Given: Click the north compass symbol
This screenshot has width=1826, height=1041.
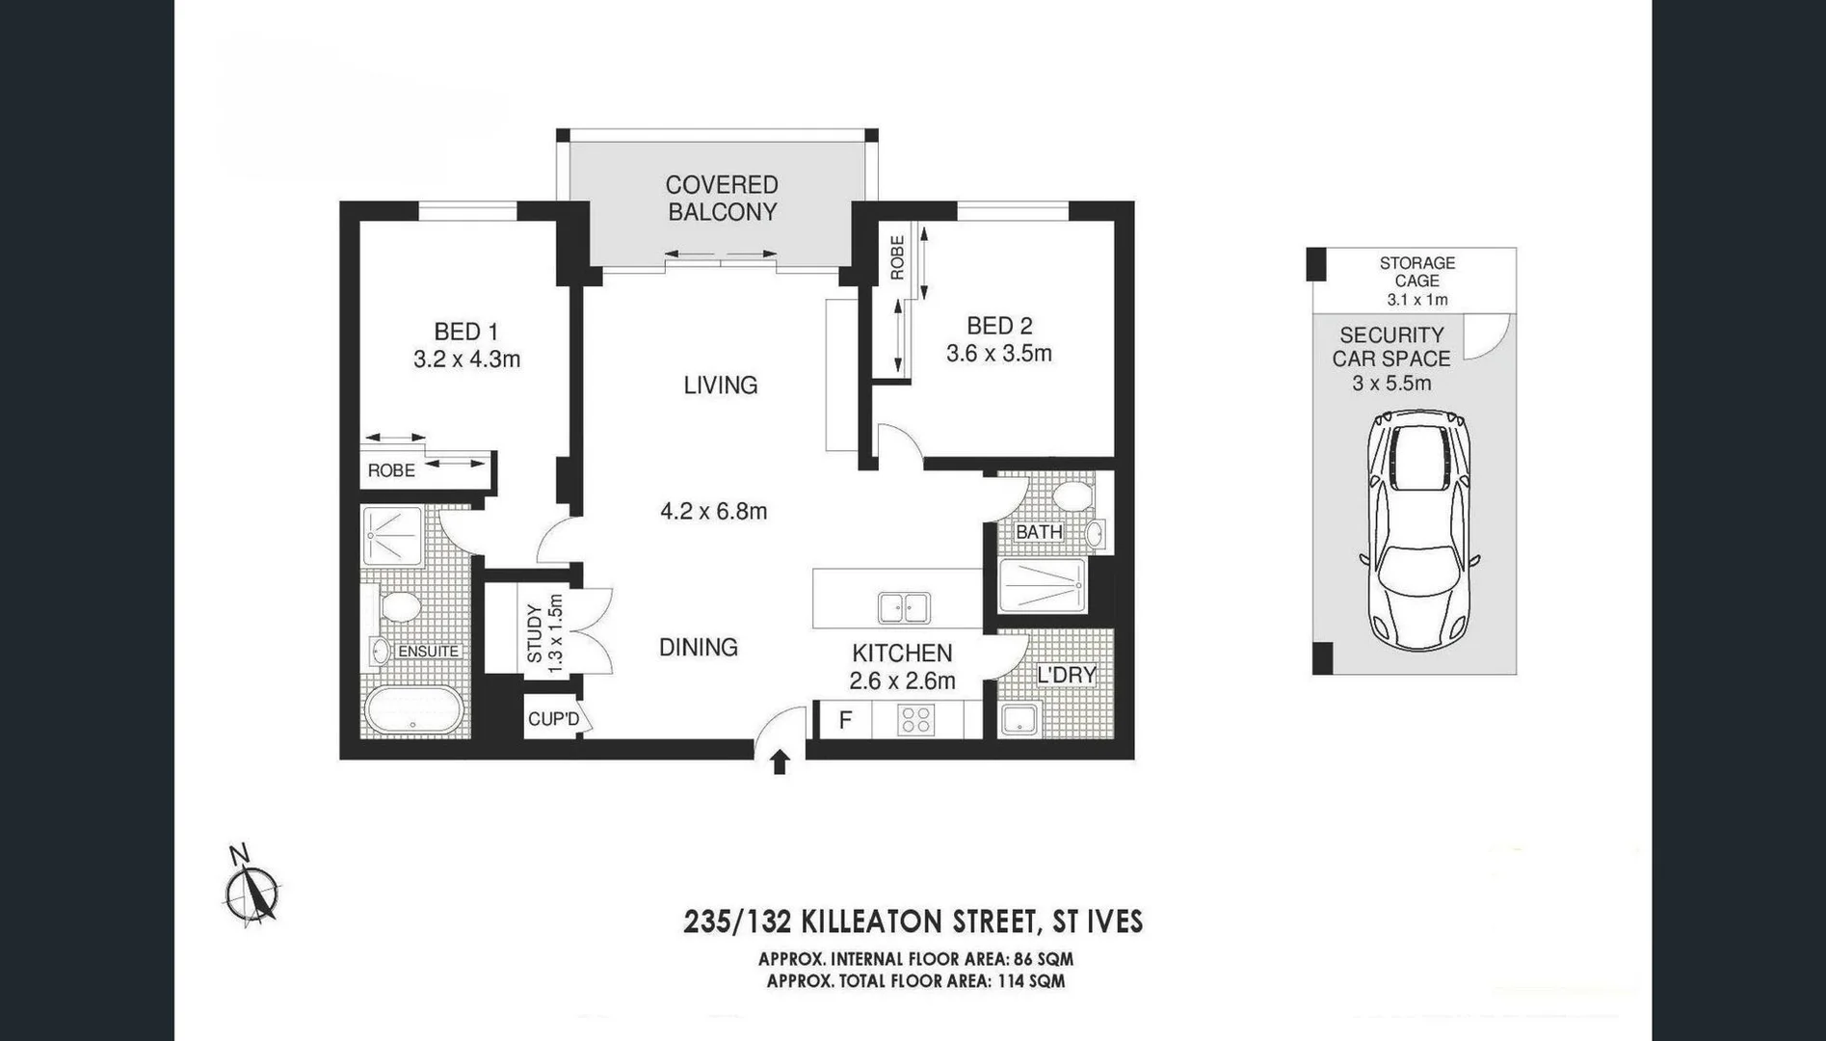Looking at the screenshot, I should pyautogui.click(x=252, y=891).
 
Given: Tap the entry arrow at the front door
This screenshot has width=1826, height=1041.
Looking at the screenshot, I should pyautogui.click(x=781, y=761).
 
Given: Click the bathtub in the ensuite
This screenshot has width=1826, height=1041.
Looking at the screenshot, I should pyautogui.click(x=414, y=712).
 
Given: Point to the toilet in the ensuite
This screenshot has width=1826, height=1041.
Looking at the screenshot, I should pyautogui.click(x=399, y=607).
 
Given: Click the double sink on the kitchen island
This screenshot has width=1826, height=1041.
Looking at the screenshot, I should pyautogui.click(x=904, y=608).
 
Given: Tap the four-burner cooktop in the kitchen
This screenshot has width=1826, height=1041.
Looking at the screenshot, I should pyautogui.click(x=914, y=719).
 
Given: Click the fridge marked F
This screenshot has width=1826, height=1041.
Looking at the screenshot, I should pyautogui.click(x=844, y=720).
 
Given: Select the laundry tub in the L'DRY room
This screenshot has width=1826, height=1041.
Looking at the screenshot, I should pyautogui.click(x=1019, y=719).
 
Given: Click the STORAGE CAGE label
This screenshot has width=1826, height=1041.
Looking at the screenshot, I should pyautogui.click(x=1416, y=272).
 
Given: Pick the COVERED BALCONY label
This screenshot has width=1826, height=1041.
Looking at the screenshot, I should pyautogui.click(x=722, y=199).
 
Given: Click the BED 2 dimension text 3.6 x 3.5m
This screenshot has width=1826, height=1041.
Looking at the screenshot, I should pyautogui.click(x=998, y=354).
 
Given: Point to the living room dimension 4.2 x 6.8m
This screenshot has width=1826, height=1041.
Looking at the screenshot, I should pyautogui.click(x=713, y=512).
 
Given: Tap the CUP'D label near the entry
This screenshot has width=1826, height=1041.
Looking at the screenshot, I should pyautogui.click(x=553, y=719).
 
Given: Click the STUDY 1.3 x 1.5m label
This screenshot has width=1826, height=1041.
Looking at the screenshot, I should pyautogui.click(x=543, y=633).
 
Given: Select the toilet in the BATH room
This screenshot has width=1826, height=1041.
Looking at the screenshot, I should pyautogui.click(x=1071, y=497).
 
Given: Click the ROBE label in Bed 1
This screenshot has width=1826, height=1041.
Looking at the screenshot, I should pyautogui.click(x=391, y=470).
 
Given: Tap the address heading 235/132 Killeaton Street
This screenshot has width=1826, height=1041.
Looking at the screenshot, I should pyautogui.click(x=913, y=921).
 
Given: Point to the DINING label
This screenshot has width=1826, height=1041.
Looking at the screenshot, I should pyautogui.click(x=698, y=647).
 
